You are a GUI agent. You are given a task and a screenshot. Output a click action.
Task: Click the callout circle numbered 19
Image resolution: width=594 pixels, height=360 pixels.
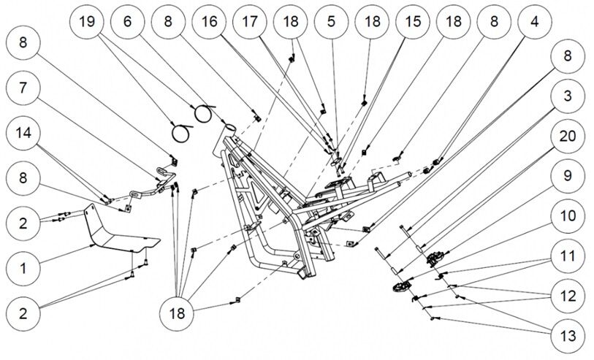click(x=87, y=22)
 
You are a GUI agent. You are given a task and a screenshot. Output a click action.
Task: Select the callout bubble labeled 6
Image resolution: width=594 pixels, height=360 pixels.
click(x=128, y=22)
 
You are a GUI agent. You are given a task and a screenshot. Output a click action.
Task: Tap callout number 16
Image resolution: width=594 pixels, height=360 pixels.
click(x=210, y=22)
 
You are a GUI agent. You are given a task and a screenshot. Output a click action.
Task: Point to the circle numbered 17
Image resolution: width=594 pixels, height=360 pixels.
click(x=251, y=22)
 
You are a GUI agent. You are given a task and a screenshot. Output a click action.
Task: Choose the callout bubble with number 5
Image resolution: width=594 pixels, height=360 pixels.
click(x=332, y=22)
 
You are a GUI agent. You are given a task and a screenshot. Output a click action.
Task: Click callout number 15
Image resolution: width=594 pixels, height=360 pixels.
click(x=414, y=22)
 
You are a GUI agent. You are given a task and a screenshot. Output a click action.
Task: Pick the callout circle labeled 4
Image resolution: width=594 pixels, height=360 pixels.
click(x=536, y=22)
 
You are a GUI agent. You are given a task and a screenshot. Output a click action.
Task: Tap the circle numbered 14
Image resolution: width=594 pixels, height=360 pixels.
click(x=23, y=133)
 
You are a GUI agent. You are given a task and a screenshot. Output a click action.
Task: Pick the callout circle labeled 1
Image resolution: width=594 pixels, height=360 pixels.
click(x=23, y=269)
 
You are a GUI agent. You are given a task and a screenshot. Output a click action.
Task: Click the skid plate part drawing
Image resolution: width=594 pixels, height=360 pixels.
click(x=117, y=232)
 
